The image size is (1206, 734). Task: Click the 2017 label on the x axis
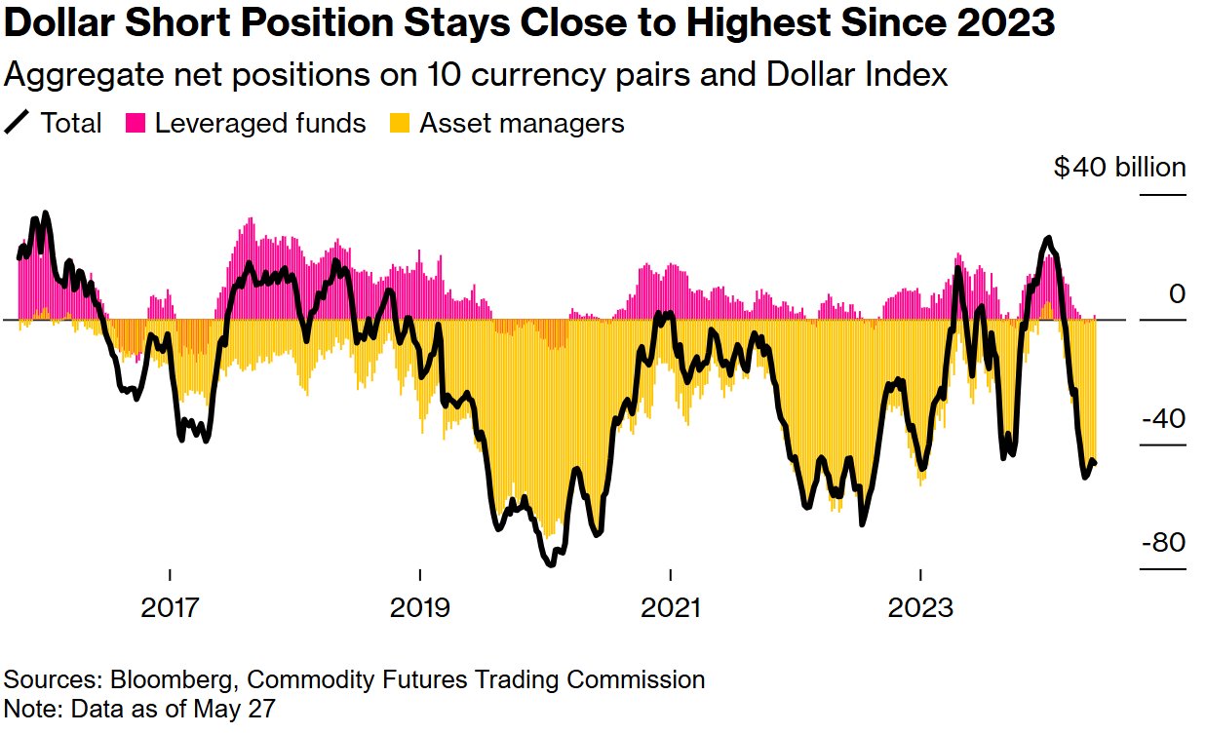[x=170, y=608]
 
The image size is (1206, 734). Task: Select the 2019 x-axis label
[x=420, y=608]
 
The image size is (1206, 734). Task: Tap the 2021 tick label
[x=671, y=608]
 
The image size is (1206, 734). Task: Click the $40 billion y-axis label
[x=1119, y=168]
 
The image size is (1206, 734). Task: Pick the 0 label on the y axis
[x=1177, y=293]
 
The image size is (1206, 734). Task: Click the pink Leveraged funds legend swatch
[x=136, y=124]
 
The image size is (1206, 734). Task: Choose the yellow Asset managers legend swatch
[x=400, y=124]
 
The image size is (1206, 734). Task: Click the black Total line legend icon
[x=17, y=124]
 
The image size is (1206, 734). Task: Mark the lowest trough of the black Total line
[x=552, y=563]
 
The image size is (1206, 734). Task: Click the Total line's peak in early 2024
[x=1048, y=238]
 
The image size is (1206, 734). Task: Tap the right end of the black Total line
[x=1094, y=463]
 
